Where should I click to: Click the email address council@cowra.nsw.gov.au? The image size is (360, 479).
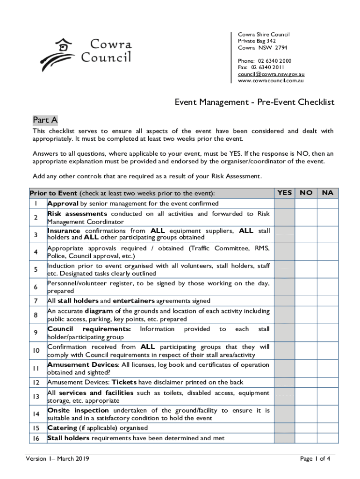point(271,74)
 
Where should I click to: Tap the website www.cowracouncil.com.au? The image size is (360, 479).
point(271,80)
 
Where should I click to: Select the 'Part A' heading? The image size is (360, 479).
point(45,120)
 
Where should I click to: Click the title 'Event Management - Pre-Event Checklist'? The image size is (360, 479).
point(254,102)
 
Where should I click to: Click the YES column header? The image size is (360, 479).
point(284,193)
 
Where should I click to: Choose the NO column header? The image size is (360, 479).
point(306,193)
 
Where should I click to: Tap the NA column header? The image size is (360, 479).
point(327,193)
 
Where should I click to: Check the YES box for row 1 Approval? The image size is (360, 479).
point(284,204)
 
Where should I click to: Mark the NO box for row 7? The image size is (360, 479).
point(306,301)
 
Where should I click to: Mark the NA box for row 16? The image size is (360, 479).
point(327,438)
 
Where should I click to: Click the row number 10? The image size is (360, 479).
point(36,351)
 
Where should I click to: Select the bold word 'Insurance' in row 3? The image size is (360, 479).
point(64,231)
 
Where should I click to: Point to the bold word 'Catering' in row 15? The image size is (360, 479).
point(62,428)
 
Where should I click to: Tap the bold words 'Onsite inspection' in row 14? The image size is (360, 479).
point(78,411)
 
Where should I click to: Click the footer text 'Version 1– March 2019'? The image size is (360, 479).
point(57,459)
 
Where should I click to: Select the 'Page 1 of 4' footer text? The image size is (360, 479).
point(315,459)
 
